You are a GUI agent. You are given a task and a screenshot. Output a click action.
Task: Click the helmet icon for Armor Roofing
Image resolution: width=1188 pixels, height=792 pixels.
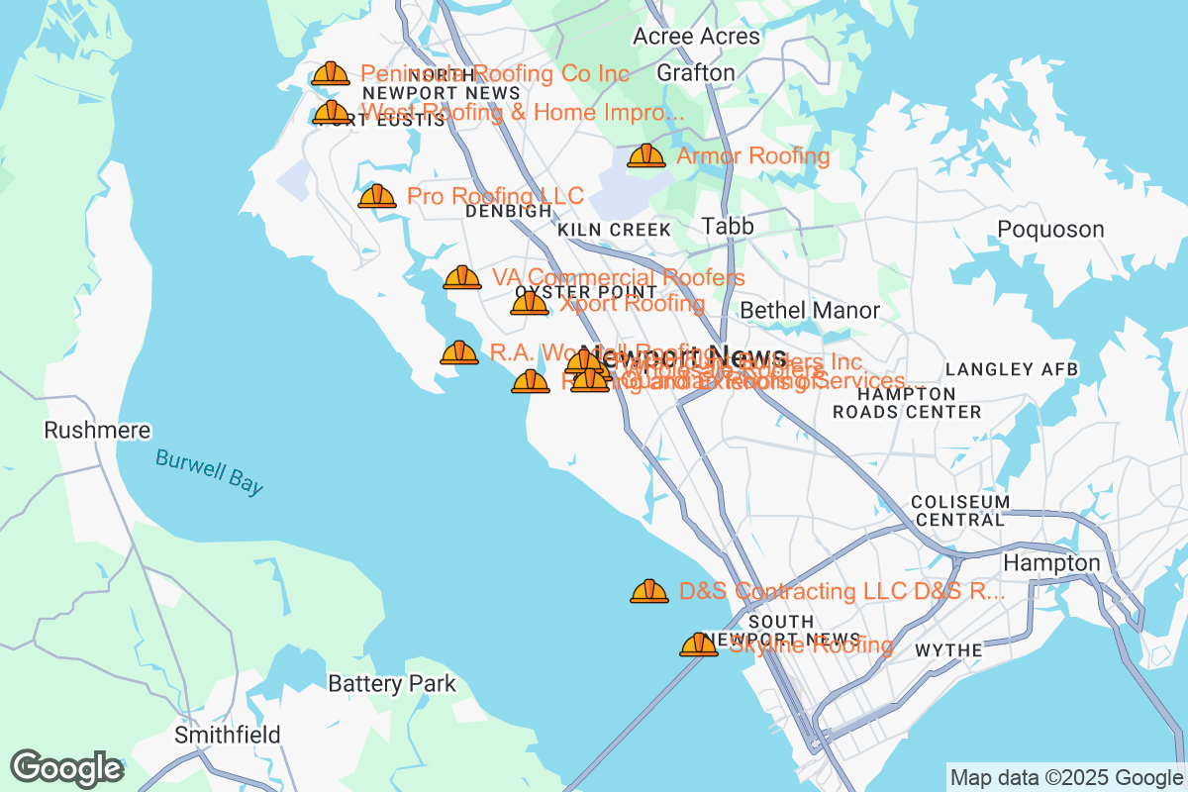coord(646,156)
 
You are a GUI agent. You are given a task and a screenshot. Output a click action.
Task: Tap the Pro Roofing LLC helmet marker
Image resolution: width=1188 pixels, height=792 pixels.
coord(377,197)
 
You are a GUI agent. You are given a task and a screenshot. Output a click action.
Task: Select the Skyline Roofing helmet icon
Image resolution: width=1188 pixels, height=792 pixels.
coord(699,645)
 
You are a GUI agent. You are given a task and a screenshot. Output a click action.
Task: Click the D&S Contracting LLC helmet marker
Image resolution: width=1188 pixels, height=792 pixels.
coord(649,592)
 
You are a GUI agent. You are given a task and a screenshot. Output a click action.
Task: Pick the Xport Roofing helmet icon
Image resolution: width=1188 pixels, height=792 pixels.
coord(530,304)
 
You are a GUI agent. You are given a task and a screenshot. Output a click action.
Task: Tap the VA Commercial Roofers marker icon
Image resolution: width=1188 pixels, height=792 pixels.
coord(462,278)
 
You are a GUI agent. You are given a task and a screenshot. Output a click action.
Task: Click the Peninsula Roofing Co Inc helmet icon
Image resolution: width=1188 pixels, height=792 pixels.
coord(330,74)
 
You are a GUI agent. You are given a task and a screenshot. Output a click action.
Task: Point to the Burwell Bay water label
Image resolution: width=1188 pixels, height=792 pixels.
coord(210,471)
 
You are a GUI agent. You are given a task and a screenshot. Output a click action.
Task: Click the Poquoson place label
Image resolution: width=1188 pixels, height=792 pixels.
coord(1050,230)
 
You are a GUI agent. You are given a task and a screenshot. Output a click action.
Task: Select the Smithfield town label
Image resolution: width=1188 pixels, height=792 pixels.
coord(228,736)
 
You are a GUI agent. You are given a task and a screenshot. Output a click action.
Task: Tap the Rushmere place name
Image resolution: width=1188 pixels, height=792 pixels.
coord(98,431)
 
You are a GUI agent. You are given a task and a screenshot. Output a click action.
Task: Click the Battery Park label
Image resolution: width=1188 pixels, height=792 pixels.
coord(392,684)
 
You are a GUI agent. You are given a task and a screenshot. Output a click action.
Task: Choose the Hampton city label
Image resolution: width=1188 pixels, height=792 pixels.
coord(1051,563)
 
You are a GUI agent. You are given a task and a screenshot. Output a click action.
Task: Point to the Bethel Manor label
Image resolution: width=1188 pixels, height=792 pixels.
coord(810,311)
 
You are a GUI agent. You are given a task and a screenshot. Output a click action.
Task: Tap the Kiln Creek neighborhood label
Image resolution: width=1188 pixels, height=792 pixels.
coord(614,230)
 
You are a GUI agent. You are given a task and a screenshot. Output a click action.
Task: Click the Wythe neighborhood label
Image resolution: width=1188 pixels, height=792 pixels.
coord(948,650)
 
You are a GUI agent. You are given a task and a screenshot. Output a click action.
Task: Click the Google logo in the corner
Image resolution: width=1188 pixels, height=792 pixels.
coord(67,768)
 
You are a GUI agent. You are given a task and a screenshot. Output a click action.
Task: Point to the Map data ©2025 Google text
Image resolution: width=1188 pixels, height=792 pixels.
coord(1066,777)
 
